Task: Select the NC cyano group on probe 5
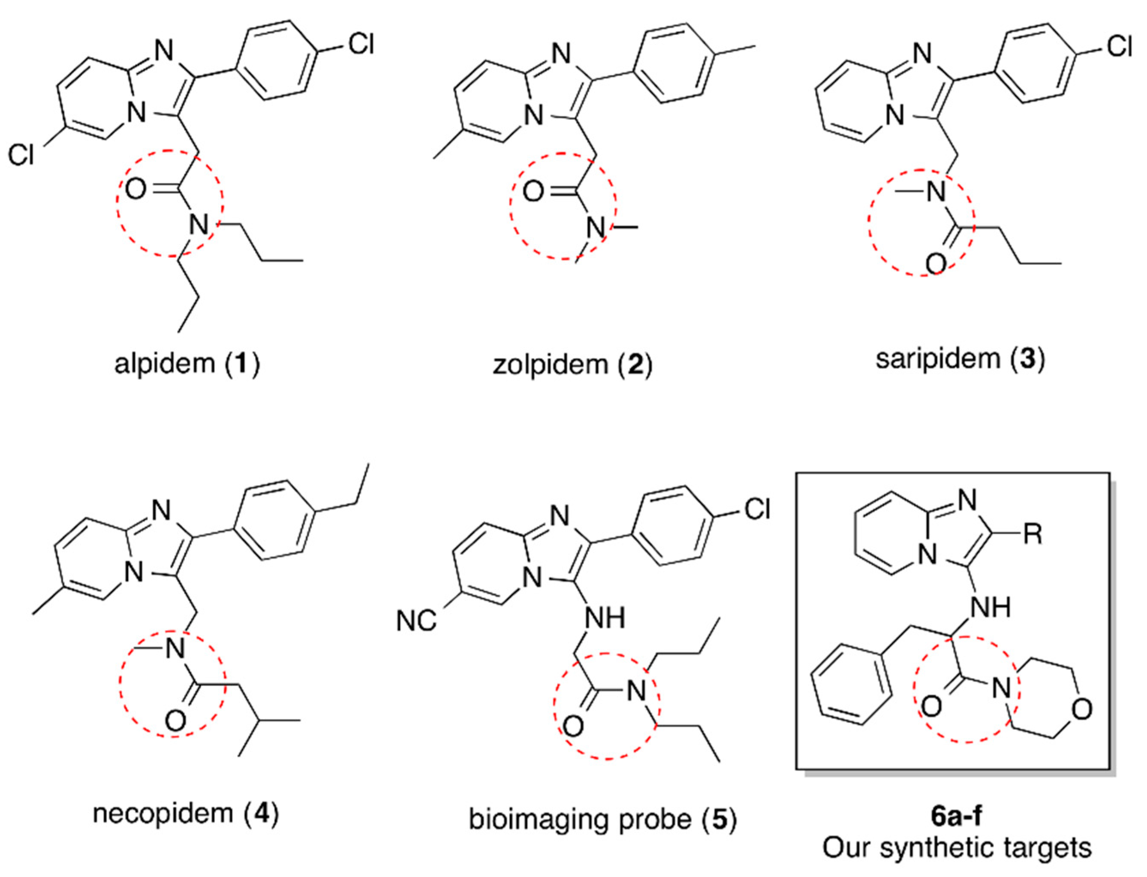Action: pyautogui.click(x=416, y=621)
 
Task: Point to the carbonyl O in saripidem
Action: pyautogui.click(x=936, y=264)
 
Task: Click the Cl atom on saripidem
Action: pyautogui.click(x=1119, y=47)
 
